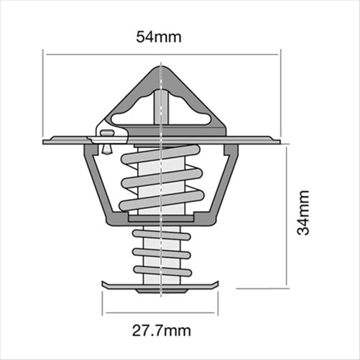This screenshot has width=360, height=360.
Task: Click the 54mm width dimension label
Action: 160,36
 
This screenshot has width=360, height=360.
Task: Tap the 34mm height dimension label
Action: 304,213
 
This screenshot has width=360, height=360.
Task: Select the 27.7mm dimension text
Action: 161,331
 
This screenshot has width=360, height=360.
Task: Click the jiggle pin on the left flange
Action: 106,137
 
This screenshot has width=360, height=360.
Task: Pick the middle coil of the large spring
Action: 161,177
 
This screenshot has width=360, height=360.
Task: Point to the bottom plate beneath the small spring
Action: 161,287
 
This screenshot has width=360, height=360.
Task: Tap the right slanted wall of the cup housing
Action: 227,183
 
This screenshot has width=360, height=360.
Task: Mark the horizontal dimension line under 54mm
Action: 161,52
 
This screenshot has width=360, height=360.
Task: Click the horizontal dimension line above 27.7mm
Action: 161,313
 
